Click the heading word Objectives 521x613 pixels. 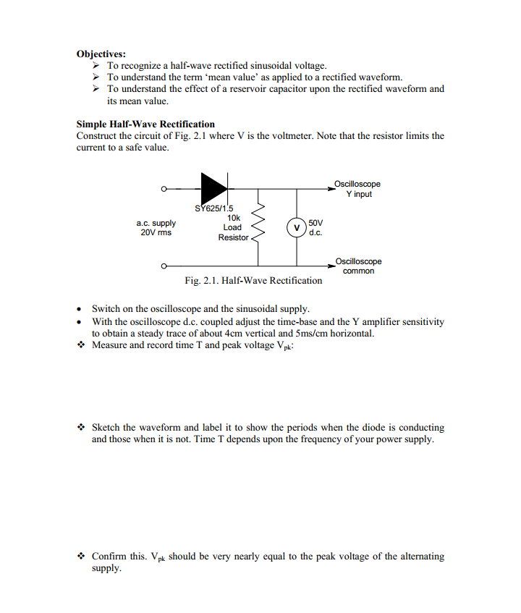[101, 54]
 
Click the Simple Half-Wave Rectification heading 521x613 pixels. [145, 124]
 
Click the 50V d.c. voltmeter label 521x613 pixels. [315, 227]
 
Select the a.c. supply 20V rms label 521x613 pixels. [156, 227]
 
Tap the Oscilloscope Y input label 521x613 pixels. [358, 189]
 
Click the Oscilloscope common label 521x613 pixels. [358, 266]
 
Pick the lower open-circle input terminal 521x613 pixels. [164, 266]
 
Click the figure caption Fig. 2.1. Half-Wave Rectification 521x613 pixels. [253, 280]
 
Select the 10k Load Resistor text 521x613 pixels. [233, 227]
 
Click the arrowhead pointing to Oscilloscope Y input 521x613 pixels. [329, 189]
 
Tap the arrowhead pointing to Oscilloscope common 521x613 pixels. [329, 266]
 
